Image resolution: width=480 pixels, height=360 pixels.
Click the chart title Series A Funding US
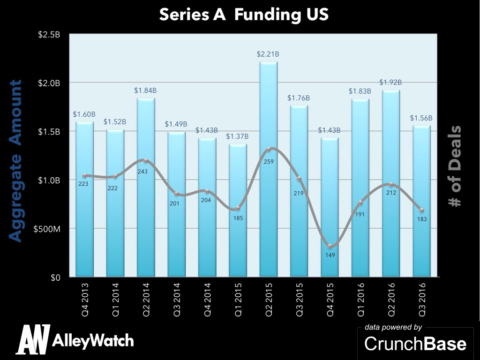pos(244,14)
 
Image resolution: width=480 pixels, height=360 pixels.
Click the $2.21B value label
pos(268,54)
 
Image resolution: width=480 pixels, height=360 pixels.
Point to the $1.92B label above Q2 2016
pos(391,82)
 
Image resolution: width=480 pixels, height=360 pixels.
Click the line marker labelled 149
pos(330,247)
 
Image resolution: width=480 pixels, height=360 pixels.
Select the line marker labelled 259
pos(269,150)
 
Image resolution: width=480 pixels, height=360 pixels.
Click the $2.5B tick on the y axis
pos(50,34)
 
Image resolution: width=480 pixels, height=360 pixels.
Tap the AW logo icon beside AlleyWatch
pos(33,339)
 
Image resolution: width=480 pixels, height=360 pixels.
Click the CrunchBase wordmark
pos(415,344)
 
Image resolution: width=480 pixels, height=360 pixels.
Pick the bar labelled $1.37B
pos(238,211)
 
